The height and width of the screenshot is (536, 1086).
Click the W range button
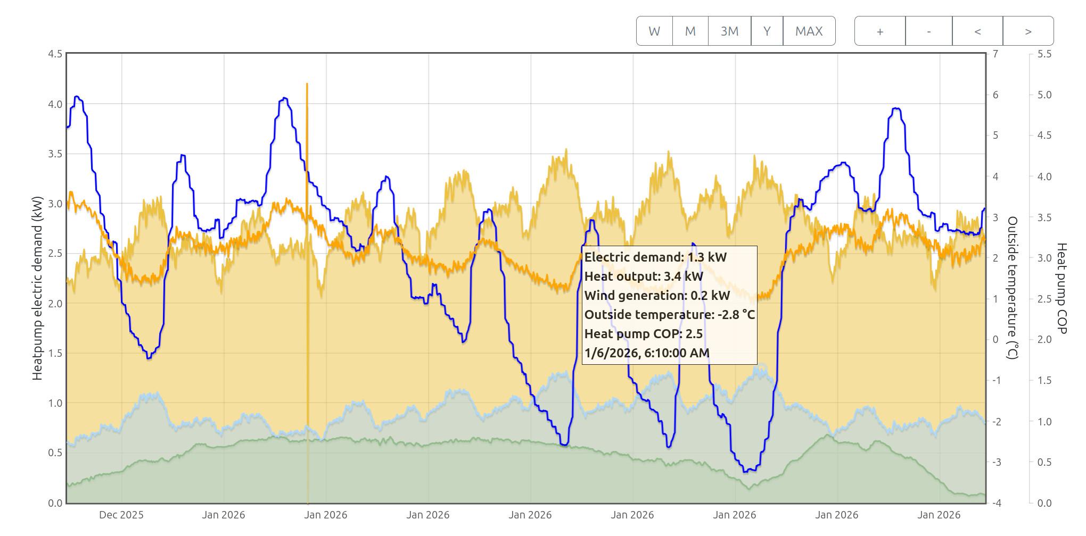pyautogui.click(x=654, y=31)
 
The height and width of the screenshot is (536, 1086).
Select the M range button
pyautogui.click(x=690, y=31)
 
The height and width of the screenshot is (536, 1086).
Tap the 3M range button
pyautogui.click(x=729, y=31)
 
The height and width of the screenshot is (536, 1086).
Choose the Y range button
pyautogui.click(x=767, y=31)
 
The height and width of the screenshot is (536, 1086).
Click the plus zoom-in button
pyautogui.click(x=880, y=31)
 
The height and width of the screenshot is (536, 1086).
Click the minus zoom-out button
pyautogui.click(x=929, y=31)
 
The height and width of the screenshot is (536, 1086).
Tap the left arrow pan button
pyautogui.click(x=977, y=31)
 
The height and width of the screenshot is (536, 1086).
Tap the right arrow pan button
pyautogui.click(x=1028, y=31)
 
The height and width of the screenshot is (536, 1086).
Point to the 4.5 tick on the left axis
pyautogui.click(x=55, y=54)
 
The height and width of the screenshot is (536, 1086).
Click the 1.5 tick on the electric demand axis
pyautogui.click(x=55, y=353)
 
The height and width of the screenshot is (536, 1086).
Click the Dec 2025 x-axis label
pyautogui.click(x=121, y=515)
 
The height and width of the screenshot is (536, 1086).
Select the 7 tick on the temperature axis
pyautogui.click(x=995, y=54)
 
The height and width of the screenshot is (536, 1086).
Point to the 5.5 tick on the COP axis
pyautogui.click(x=1044, y=54)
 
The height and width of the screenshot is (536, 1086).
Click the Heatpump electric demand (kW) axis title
pyautogui.click(x=37, y=288)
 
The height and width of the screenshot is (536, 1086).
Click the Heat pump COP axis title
pyautogui.click(x=1062, y=288)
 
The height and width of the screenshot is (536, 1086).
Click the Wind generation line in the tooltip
pyautogui.click(x=657, y=296)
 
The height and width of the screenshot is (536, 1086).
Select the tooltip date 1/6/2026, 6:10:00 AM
pyautogui.click(x=647, y=353)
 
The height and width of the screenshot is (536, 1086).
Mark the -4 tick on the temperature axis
pyautogui.click(x=997, y=503)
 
